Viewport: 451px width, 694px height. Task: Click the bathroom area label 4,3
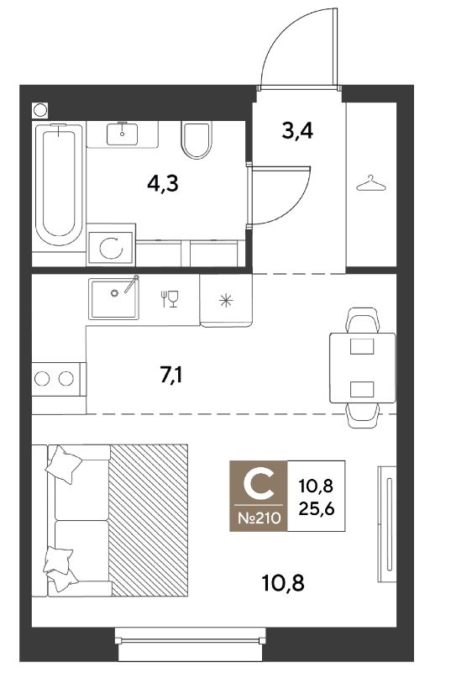[163, 183]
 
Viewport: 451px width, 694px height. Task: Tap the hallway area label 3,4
[297, 131]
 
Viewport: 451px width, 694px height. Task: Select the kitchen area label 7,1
[170, 376]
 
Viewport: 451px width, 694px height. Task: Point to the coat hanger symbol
[371, 183]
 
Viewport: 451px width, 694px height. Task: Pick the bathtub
[59, 184]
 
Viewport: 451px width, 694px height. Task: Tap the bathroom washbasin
[122, 134]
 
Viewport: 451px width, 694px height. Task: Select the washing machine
[111, 248]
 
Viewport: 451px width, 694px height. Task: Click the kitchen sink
[113, 298]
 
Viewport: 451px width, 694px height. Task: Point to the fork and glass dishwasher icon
[170, 299]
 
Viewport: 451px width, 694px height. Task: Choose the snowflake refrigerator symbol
[226, 301]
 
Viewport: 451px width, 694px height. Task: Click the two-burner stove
[59, 378]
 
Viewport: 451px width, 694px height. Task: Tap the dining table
[363, 368]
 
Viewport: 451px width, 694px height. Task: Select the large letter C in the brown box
[259, 485]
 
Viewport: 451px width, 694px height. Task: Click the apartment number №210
[259, 518]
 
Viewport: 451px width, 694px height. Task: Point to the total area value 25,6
[317, 509]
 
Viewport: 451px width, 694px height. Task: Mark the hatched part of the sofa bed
[149, 520]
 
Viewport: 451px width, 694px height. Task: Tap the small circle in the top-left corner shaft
[40, 110]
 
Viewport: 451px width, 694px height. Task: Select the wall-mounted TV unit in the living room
[387, 524]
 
